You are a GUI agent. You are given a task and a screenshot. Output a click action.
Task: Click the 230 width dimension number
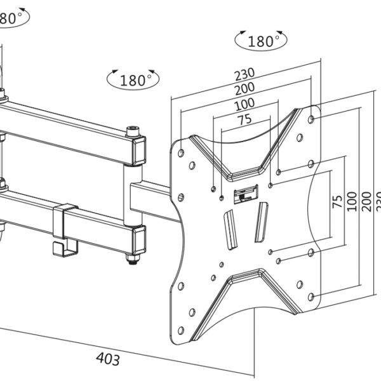coord(244,74)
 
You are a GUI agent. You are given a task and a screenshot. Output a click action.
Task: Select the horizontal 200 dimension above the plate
coord(244,88)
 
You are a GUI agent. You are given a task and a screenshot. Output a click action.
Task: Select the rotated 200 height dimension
coord(366,202)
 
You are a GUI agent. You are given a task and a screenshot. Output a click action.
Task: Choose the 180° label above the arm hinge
coord(133,80)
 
